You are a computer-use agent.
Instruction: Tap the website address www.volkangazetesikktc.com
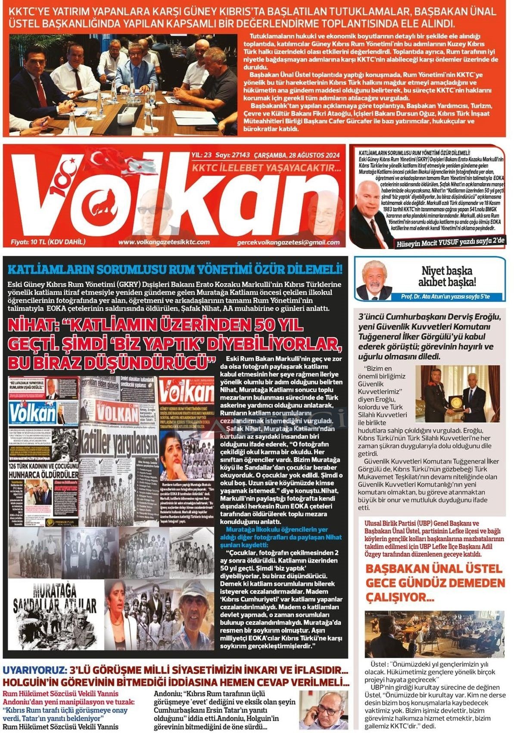click(x=164, y=242)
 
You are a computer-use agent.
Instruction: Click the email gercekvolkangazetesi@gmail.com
click(x=288, y=242)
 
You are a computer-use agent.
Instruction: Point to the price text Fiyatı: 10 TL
click(x=48, y=242)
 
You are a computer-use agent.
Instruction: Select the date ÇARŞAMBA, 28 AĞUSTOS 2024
click(x=297, y=155)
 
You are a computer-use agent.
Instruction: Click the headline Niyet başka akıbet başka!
click(x=447, y=276)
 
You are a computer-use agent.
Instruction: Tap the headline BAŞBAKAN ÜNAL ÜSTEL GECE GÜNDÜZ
click(x=435, y=582)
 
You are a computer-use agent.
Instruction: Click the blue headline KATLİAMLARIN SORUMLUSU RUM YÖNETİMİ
click(x=175, y=270)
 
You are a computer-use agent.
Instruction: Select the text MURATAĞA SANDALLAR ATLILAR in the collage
click(x=55, y=599)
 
